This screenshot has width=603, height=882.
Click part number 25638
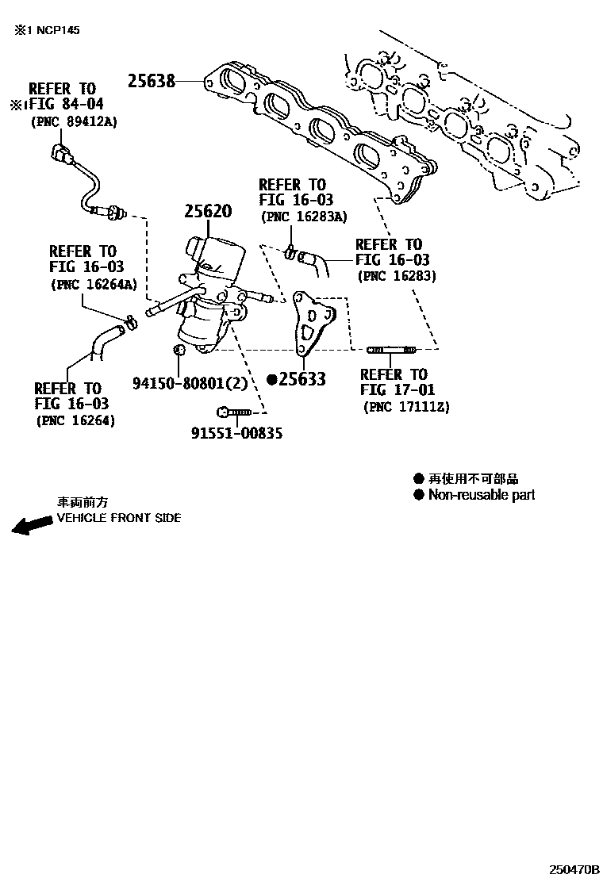(152, 80)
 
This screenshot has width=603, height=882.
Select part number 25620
(208, 212)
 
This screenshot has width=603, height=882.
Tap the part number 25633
(302, 380)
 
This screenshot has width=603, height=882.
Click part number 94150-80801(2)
(190, 382)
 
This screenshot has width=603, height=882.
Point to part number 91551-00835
(236, 433)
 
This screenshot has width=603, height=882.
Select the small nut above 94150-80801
(179, 350)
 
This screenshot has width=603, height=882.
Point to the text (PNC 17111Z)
(406, 407)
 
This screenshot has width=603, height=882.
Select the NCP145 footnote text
(46, 30)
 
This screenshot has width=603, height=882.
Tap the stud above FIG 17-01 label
(391, 350)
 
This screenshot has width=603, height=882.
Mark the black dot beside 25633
(271, 380)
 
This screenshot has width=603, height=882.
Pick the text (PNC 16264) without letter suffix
(75, 421)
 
